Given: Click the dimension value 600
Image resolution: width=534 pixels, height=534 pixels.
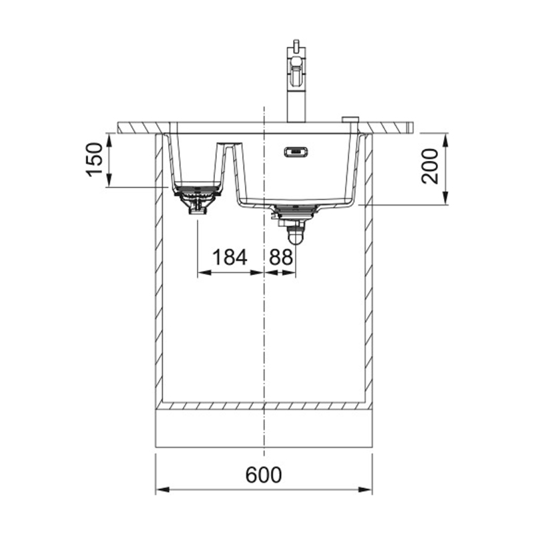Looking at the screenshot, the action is (264, 475).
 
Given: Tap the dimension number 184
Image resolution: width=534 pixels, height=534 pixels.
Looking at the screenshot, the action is (229, 257).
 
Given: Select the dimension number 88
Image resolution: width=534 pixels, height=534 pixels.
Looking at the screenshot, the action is (281, 257).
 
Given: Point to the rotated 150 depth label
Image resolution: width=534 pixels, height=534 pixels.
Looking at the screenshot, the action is (95, 160).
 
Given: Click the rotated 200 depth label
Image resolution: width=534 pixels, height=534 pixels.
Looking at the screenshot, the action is (429, 166).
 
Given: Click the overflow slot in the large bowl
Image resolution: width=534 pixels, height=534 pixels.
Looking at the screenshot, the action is (296, 152).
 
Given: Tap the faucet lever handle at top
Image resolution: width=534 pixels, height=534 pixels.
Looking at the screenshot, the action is (296, 45).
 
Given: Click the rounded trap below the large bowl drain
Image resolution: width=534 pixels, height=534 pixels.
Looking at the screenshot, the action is (296, 236).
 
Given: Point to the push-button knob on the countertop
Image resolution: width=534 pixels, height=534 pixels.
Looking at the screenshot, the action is (350, 119).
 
